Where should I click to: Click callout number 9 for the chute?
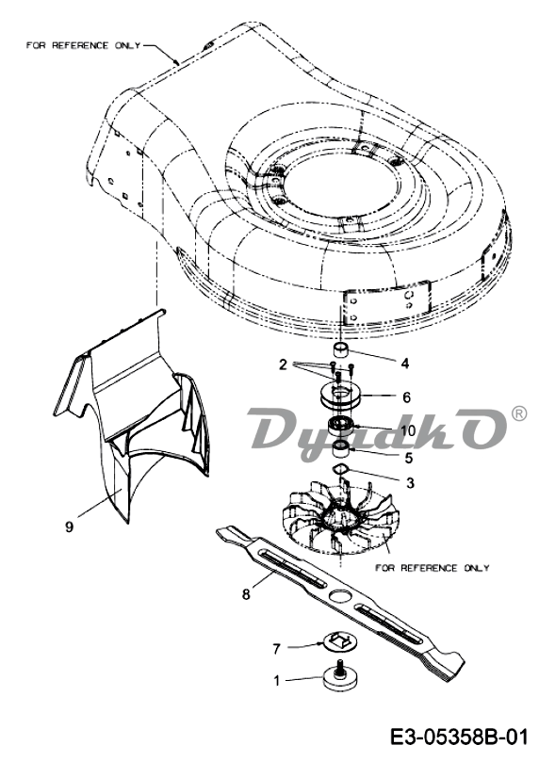coord(70,526)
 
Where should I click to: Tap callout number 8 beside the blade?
coord(247,593)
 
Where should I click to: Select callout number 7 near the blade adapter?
coord(277,648)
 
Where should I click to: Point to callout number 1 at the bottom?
coord(277,680)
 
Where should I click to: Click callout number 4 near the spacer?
coord(405,363)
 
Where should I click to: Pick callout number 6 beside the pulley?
coord(406,397)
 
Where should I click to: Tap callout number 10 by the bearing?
coord(408,430)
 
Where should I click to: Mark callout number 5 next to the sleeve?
coord(408,457)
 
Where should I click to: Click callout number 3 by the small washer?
coord(410,483)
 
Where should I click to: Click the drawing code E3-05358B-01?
coord(459,738)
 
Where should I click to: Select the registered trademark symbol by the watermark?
coord(518,414)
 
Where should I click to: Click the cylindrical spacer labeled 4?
coord(339,349)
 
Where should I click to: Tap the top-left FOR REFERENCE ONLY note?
coord(83,45)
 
